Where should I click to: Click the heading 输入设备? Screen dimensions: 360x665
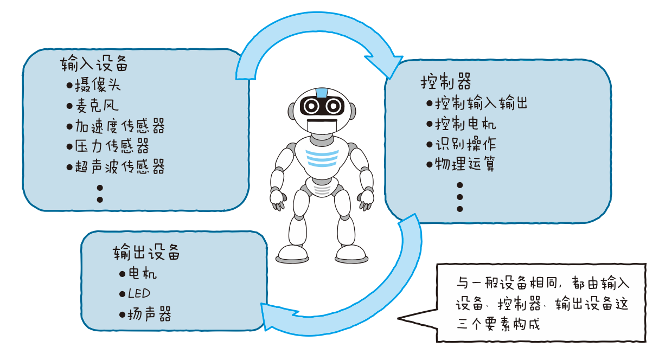94,64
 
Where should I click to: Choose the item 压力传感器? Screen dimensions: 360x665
112,146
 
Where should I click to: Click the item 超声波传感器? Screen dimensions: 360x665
119,166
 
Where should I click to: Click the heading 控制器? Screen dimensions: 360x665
445,82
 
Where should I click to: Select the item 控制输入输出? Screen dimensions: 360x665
481,103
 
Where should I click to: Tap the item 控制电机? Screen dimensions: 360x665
465,124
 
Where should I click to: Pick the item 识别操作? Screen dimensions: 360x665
465,144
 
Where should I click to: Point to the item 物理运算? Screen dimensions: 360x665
465,164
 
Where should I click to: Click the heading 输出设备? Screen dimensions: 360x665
146,252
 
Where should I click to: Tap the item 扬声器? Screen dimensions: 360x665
149,314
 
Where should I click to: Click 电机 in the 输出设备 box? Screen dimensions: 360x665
142,273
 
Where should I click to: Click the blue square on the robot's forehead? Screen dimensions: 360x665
322,93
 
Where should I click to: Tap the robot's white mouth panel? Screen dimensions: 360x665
322,125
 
